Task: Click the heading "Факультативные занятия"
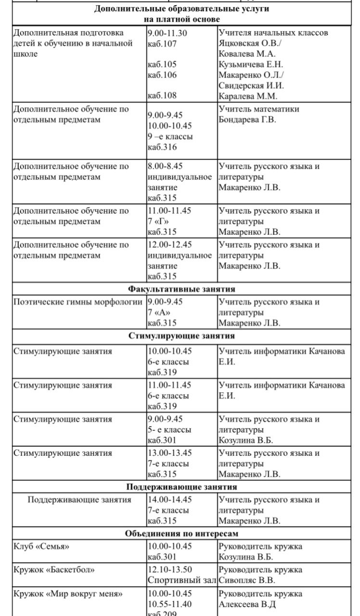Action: (x=181, y=289)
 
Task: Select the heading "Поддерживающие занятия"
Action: (x=181, y=487)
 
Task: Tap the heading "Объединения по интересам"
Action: (x=181, y=534)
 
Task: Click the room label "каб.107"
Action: (x=162, y=44)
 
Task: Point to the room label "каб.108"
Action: (x=162, y=96)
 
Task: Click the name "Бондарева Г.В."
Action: (x=247, y=120)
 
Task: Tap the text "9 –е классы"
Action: (x=170, y=137)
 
